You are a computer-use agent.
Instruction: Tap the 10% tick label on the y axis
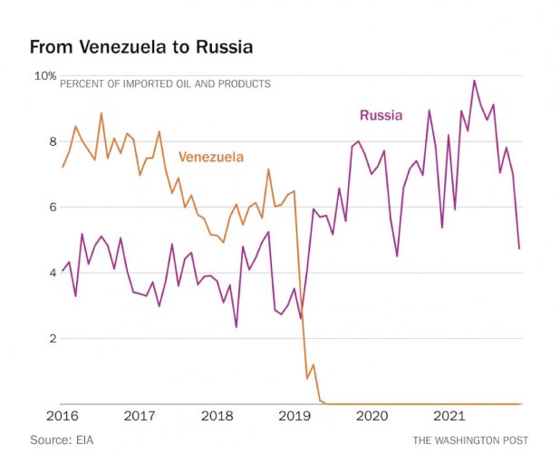[x=45, y=76]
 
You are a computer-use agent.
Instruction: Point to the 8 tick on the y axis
[x=52, y=141]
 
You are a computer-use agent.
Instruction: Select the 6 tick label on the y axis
[x=52, y=207]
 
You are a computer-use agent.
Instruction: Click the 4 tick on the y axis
[x=52, y=273]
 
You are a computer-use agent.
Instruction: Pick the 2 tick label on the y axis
[x=52, y=339]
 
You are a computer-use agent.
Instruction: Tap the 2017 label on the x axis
[x=140, y=417]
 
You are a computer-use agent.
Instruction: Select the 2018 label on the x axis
[x=218, y=417]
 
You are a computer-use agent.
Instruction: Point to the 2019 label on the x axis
[x=295, y=417]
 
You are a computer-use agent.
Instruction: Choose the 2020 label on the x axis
[x=372, y=417]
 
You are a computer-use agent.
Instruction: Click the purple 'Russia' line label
[x=381, y=115]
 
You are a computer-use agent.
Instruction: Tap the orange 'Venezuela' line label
[x=210, y=157]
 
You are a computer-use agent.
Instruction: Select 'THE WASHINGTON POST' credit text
[x=470, y=439]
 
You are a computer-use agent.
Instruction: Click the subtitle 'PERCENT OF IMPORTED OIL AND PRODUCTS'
[x=165, y=84]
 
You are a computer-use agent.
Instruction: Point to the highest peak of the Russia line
[x=473, y=81]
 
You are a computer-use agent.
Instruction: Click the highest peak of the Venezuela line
[x=101, y=113]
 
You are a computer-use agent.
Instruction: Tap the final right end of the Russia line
[x=519, y=248]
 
